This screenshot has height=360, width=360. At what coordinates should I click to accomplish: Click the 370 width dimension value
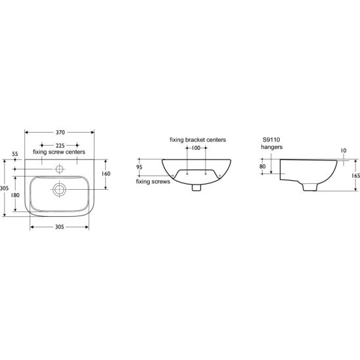click(60, 132)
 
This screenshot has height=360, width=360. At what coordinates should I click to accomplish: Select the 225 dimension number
click(60, 146)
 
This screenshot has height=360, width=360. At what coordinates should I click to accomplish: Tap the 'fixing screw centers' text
click(59, 152)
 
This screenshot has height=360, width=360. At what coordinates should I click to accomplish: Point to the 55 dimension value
click(15, 154)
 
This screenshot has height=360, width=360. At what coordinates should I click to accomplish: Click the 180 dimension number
click(15, 195)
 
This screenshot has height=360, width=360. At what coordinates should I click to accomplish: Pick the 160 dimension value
click(106, 173)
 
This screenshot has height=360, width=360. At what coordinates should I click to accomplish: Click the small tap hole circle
click(60, 169)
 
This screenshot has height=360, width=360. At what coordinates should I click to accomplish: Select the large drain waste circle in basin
click(60, 190)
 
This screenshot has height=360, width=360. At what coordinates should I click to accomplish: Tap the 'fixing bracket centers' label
click(198, 140)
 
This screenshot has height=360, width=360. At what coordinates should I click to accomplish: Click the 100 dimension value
click(196, 148)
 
